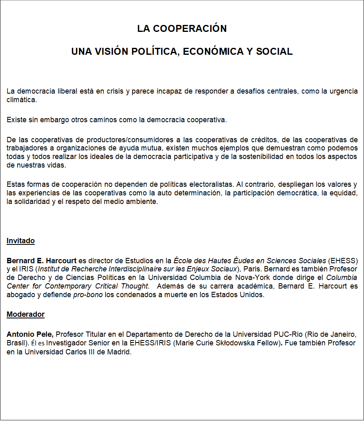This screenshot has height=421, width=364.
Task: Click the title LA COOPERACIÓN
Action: pos(182,29)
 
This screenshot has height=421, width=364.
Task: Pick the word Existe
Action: pos(16,120)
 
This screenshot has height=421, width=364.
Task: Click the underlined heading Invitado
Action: pos(20,241)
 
